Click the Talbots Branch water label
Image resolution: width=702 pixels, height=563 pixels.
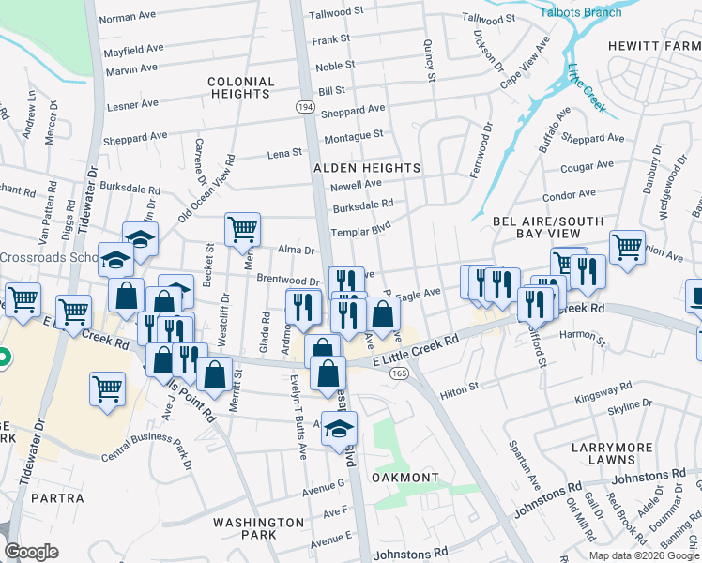pos(581,12)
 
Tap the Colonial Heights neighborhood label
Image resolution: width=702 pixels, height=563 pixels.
pos(240,87)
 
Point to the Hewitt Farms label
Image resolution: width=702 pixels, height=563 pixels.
pos(665,46)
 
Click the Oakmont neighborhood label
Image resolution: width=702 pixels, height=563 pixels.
pos(405,478)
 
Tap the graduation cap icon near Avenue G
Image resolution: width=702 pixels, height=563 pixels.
pos(340,428)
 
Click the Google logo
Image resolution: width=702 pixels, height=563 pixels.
pos(32,552)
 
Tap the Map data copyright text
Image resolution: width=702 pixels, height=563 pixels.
pos(644,555)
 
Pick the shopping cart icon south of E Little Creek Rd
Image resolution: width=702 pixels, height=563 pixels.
pos(108,388)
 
